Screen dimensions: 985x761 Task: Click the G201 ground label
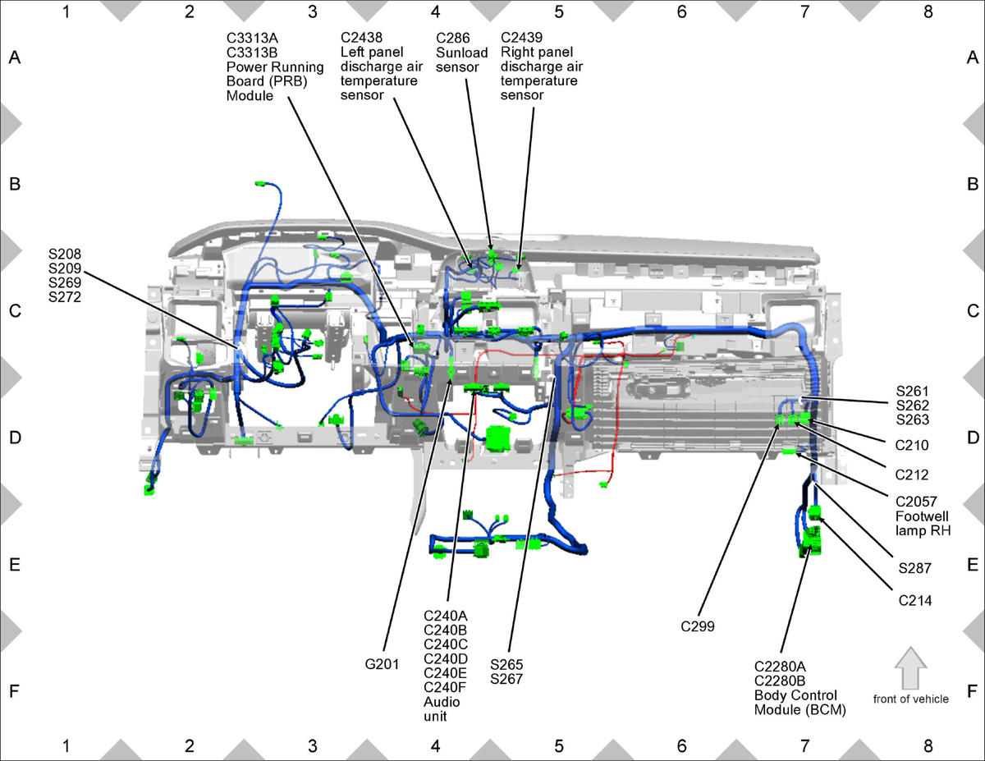(382, 664)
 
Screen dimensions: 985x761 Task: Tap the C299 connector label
(697, 626)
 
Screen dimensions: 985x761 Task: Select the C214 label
(914, 601)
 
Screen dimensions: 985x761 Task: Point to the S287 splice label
(914, 568)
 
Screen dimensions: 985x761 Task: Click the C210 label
(912, 445)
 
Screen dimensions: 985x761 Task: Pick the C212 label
(912, 474)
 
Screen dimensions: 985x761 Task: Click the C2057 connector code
(916, 502)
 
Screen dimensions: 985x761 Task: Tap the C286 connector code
(452, 38)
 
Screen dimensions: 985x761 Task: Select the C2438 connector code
(361, 38)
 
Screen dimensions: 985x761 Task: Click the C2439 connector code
(521, 38)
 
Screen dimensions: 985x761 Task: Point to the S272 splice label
(65, 297)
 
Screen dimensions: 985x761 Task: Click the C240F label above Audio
(445, 688)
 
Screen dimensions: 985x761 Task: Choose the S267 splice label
(506, 679)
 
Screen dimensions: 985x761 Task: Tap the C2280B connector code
(780, 681)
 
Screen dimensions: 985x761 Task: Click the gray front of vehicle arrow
(910, 668)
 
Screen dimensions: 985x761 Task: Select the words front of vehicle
(910, 699)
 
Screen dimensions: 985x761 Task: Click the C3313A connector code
(252, 38)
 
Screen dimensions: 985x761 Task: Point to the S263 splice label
(912, 419)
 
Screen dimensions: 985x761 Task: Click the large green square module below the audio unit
(498, 438)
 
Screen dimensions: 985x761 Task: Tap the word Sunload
(461, 53)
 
